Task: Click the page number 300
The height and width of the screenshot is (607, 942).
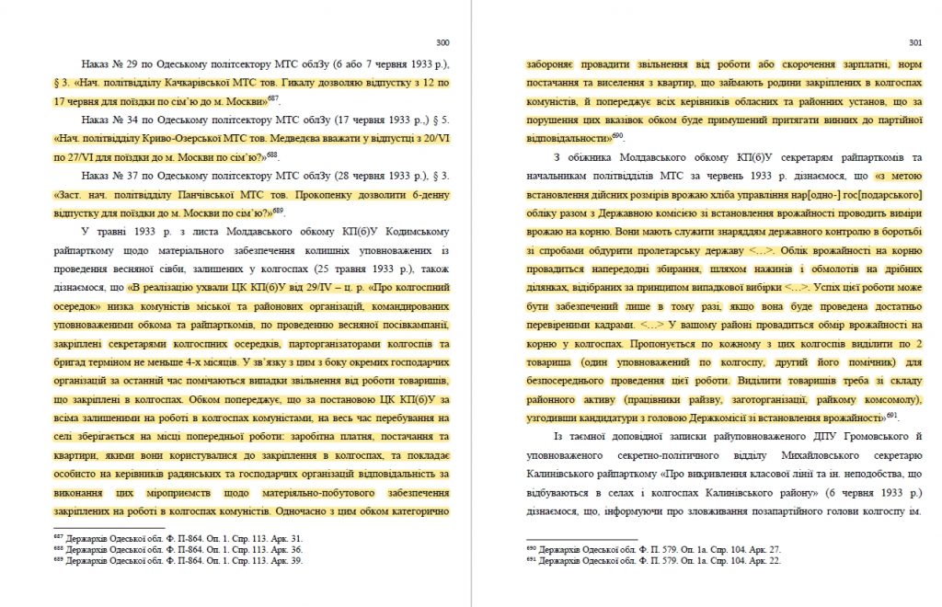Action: pos(442,42)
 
